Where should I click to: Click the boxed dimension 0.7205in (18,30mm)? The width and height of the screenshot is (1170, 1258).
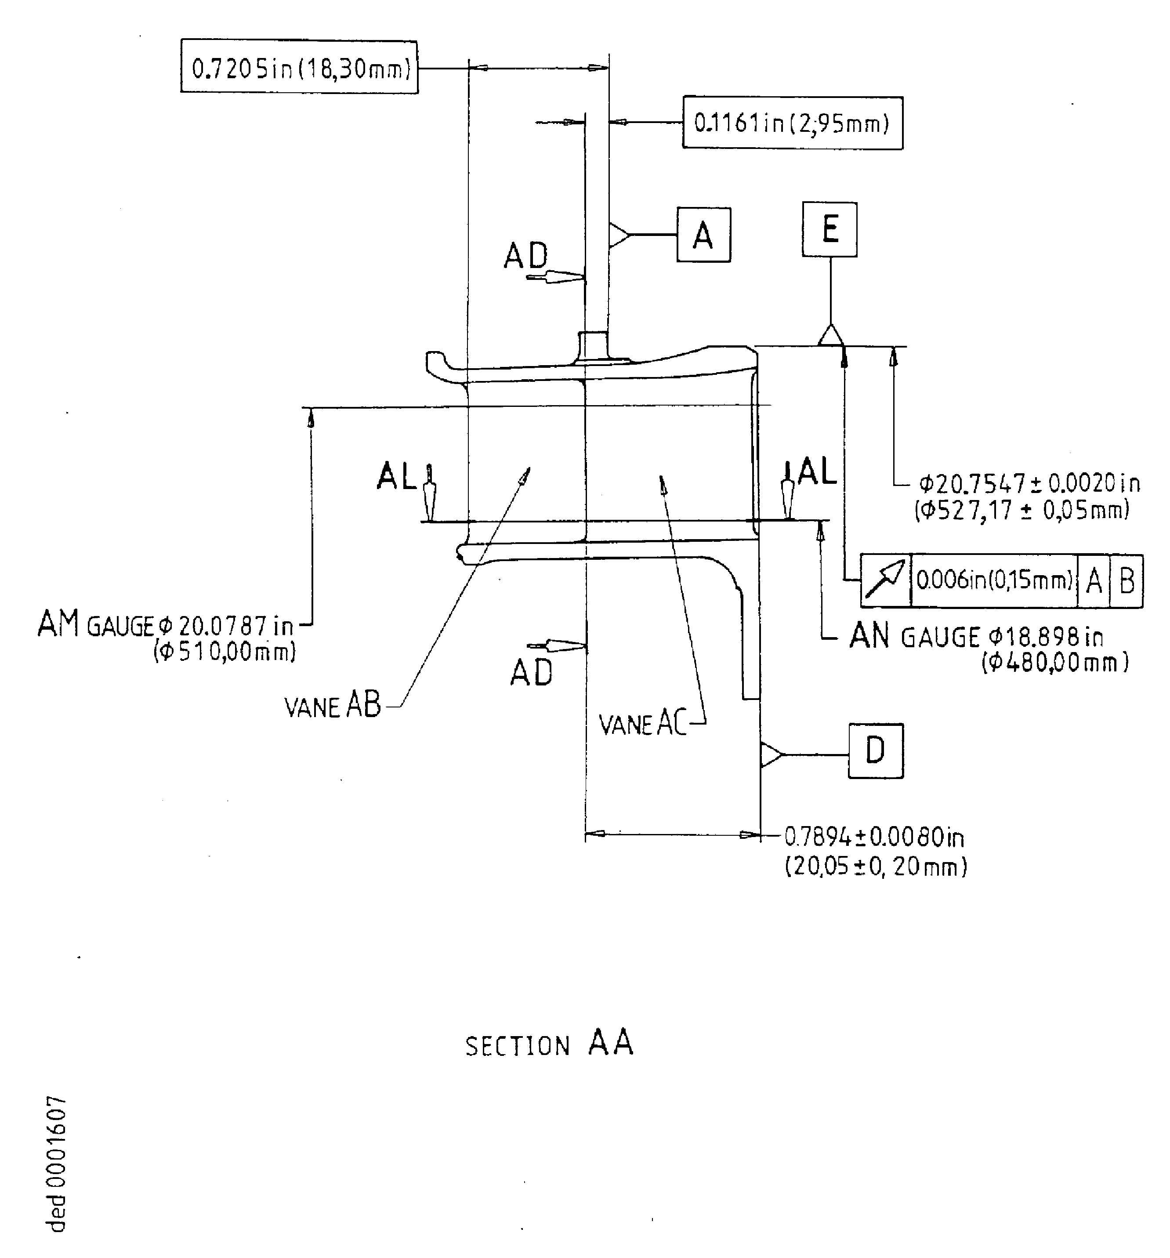click(299, 67)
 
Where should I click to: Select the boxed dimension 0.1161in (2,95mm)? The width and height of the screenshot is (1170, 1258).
click(792, 123)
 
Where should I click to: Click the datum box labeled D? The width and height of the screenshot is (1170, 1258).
click(875, 751)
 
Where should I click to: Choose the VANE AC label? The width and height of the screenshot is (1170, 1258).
click(642, 723)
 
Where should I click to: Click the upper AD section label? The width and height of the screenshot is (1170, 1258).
click(525, 256)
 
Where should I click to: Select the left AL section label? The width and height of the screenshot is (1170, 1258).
click(396, 476)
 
